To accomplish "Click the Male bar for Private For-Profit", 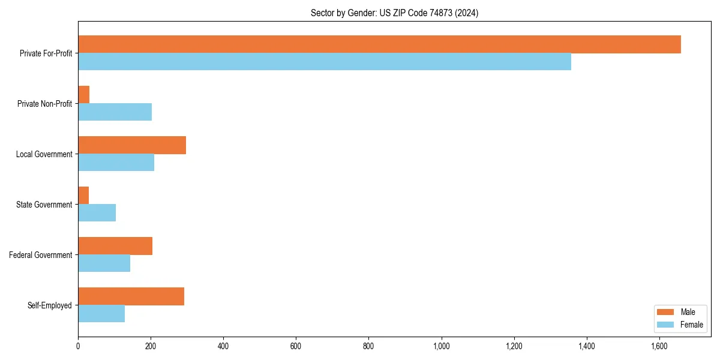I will click(379, 44).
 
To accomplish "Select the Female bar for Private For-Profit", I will click(325, 62).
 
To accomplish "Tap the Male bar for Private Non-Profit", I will click(84, 95).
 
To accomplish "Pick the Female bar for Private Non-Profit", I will click(115, 112).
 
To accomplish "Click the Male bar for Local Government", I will click(132, 145).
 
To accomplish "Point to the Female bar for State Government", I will click(97, 213).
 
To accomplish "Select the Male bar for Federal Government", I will click(115, 246).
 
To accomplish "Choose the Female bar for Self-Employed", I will click(101, 314).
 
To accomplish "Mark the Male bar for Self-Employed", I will click(131, 296).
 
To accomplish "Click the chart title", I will click(394, 13).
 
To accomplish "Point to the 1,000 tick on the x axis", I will click(441, 346).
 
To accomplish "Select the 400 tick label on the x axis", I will click(223, 346).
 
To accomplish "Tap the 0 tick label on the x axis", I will click(78, 346).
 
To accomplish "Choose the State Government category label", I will click(44, 205).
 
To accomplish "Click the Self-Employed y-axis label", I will click(50, 305).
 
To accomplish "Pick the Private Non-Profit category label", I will click(44, 104).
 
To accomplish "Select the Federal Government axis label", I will click(41, 255).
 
